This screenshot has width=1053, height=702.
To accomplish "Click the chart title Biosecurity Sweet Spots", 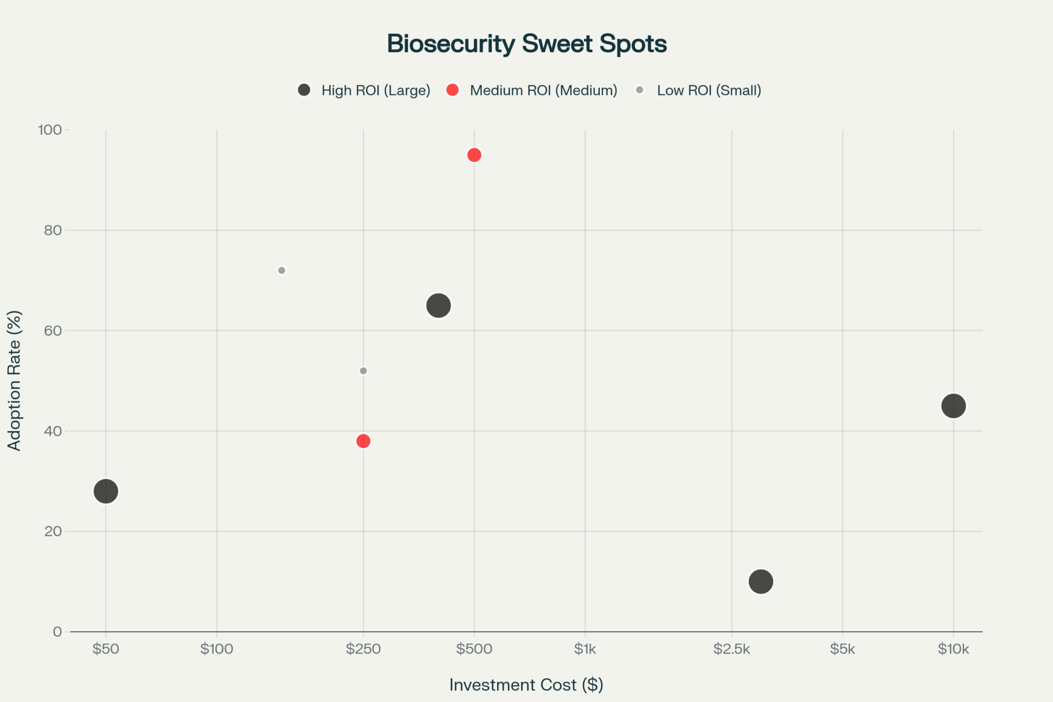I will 526,44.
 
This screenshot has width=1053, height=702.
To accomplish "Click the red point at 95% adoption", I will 474,155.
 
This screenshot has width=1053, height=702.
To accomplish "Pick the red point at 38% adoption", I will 363,441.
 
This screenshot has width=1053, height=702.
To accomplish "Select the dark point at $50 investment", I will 106,491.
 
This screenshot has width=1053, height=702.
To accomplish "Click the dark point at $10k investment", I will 953,406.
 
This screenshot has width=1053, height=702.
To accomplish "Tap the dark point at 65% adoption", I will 438,305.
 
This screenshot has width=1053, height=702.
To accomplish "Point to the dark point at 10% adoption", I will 761,581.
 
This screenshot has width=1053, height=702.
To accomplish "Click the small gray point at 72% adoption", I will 282,271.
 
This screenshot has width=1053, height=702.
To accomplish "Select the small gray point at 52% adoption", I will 363,371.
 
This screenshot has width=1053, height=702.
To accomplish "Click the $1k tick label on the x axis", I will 585,649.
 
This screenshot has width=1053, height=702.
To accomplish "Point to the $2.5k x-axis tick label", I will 731,649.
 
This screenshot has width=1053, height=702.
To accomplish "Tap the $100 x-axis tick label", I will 216,649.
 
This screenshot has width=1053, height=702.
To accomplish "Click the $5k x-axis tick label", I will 842,649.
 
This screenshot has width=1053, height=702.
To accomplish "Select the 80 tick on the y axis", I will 53,230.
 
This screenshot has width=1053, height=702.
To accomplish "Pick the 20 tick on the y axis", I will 53,531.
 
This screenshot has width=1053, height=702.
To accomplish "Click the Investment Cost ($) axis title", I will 526,685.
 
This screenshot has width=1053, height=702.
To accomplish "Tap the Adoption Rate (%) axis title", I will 14,380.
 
